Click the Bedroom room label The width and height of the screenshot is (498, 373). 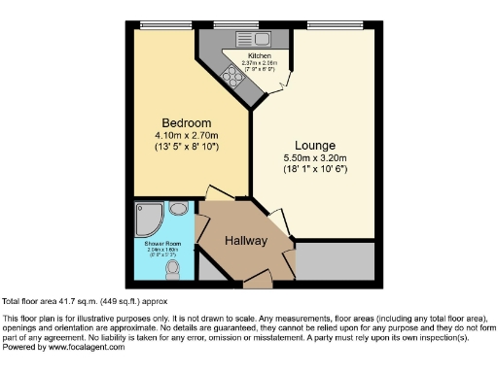[186, 122]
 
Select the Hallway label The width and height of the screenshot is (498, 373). [246, 240]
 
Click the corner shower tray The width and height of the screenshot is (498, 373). [151, 216]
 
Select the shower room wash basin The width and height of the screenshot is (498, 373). [178, 208]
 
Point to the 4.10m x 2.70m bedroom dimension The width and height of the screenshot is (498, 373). [186, 135]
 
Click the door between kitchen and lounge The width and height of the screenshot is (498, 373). [279, 85]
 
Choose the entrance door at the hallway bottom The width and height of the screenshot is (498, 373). [257, 282]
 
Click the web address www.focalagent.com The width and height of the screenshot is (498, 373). [84, 347]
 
